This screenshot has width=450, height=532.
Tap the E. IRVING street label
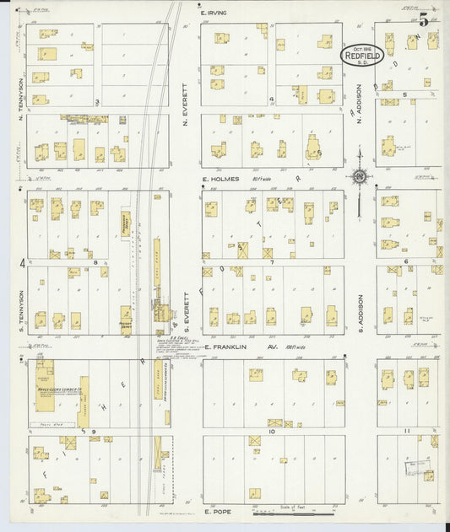point(216,13)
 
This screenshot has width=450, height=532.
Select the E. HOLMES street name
point(220,179)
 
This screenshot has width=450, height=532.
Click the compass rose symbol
point(360,176)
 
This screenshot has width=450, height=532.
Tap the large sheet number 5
point(422,22)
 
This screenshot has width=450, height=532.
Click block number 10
point(272,431)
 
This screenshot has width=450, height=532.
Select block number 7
point(272,262)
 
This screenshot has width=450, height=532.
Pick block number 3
point(97,102)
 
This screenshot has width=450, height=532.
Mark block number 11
point(407,431)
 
